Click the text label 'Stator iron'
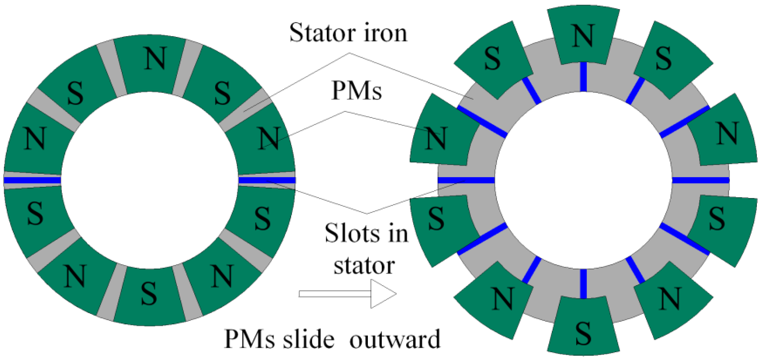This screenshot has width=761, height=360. point(348,33)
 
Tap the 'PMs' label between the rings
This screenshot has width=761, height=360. point(357,91)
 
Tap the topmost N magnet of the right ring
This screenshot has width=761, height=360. point(583,35)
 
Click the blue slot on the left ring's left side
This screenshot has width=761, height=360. point(32,180)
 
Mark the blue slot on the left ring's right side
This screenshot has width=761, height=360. point(267,180)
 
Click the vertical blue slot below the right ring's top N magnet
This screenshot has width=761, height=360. point(583,77)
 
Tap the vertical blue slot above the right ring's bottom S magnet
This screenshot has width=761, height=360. point(583,284)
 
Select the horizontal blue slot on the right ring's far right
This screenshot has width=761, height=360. point(701,180)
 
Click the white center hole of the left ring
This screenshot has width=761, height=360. point(150,180)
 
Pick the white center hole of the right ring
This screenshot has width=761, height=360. point(583,180)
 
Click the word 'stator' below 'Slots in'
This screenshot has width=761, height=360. point(364,265)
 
